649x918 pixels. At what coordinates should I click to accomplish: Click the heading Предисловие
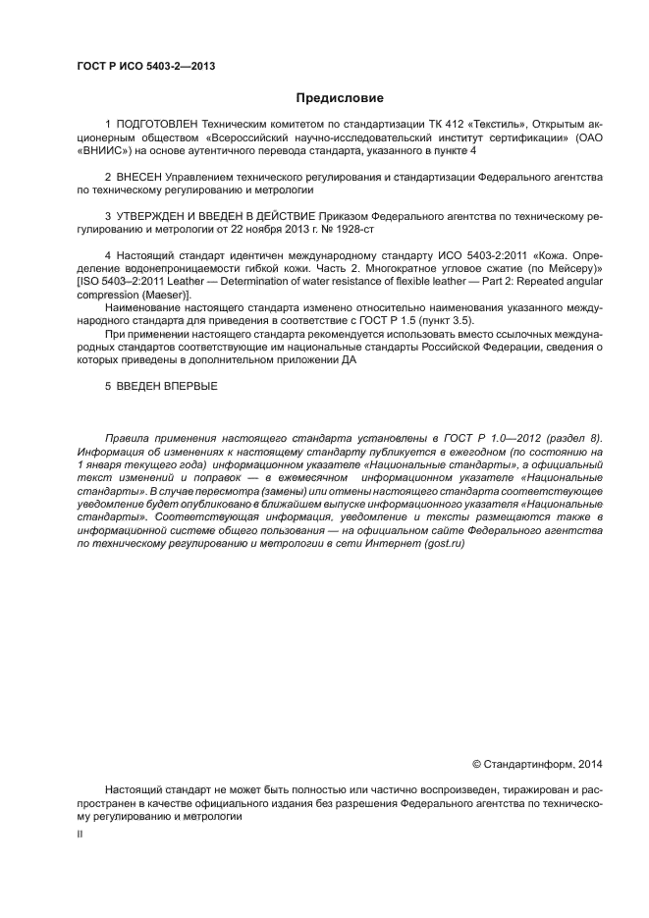[340, 98]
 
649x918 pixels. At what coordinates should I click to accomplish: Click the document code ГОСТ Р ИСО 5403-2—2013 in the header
[145, 66]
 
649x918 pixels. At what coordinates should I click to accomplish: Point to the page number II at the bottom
[80, 834]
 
